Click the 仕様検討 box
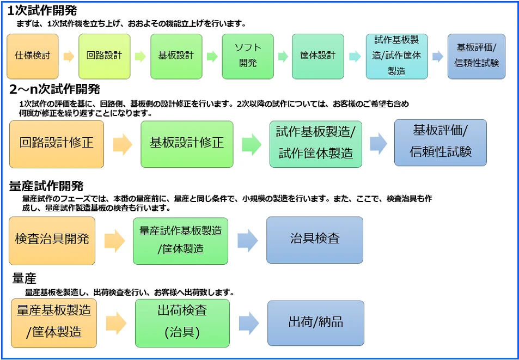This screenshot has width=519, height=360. (32, 56)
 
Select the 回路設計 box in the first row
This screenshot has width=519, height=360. (104, 56)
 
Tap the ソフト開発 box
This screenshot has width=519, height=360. (248, 56)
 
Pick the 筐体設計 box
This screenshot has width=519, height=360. (317, 56)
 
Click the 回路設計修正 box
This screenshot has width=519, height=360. (56, 143)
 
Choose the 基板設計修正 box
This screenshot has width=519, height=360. (187, 143)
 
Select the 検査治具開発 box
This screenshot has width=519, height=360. (52, 240)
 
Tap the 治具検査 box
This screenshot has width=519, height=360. (314, 240)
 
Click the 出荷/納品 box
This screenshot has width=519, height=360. (315, 322)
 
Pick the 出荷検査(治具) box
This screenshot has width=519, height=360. (182, 322)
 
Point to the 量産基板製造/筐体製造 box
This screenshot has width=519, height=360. (54, 322)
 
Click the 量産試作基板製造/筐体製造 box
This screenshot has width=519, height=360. (180, 240)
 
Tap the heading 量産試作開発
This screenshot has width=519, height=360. (46, 187)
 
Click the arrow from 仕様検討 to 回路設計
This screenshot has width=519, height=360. (69, 56)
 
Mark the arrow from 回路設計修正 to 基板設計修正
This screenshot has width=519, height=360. (123, 144)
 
